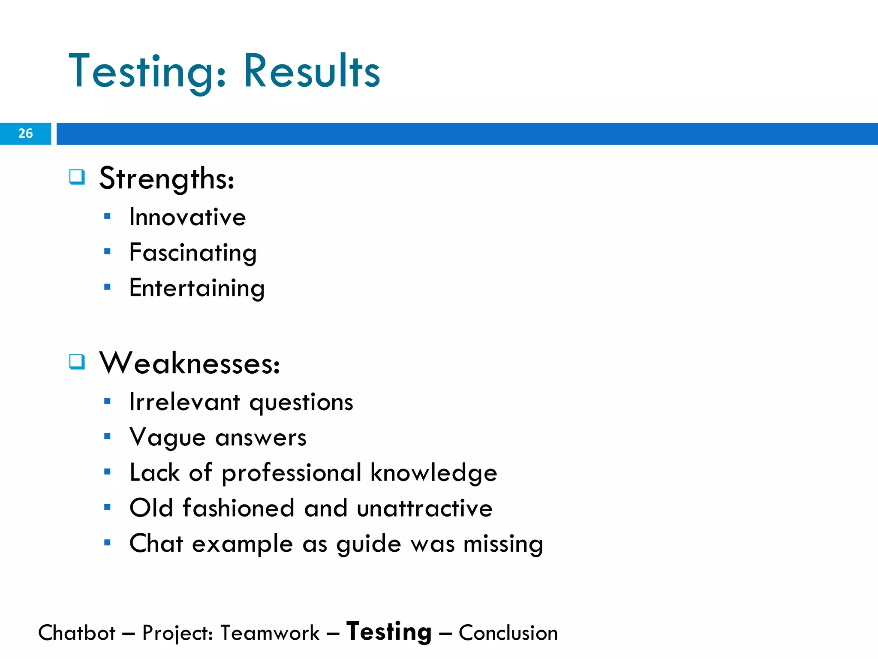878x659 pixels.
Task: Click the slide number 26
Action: [25, 133]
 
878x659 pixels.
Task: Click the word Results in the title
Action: [312, 71]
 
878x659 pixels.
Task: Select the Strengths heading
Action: [167, 178]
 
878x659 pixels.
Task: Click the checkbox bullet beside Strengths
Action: [77, 177]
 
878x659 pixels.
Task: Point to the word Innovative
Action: [187, 217]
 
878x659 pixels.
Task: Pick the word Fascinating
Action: [193, 253]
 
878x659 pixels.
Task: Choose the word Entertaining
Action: [197, 288]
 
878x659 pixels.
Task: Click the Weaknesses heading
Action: [189, 363]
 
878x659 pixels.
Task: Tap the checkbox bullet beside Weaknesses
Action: [77, 362]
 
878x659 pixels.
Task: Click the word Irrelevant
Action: [184, 402]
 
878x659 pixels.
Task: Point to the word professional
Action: [292, 473]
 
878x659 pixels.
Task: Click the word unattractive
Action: [424, 508]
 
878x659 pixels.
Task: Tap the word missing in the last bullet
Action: [503, 544]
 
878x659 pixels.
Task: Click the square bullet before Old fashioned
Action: [107, 507]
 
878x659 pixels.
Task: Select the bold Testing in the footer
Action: [389, 632]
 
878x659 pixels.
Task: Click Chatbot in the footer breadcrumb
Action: [77, 633]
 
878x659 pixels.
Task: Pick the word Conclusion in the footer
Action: [508, 633]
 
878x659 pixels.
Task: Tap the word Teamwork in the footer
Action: [270, 633]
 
